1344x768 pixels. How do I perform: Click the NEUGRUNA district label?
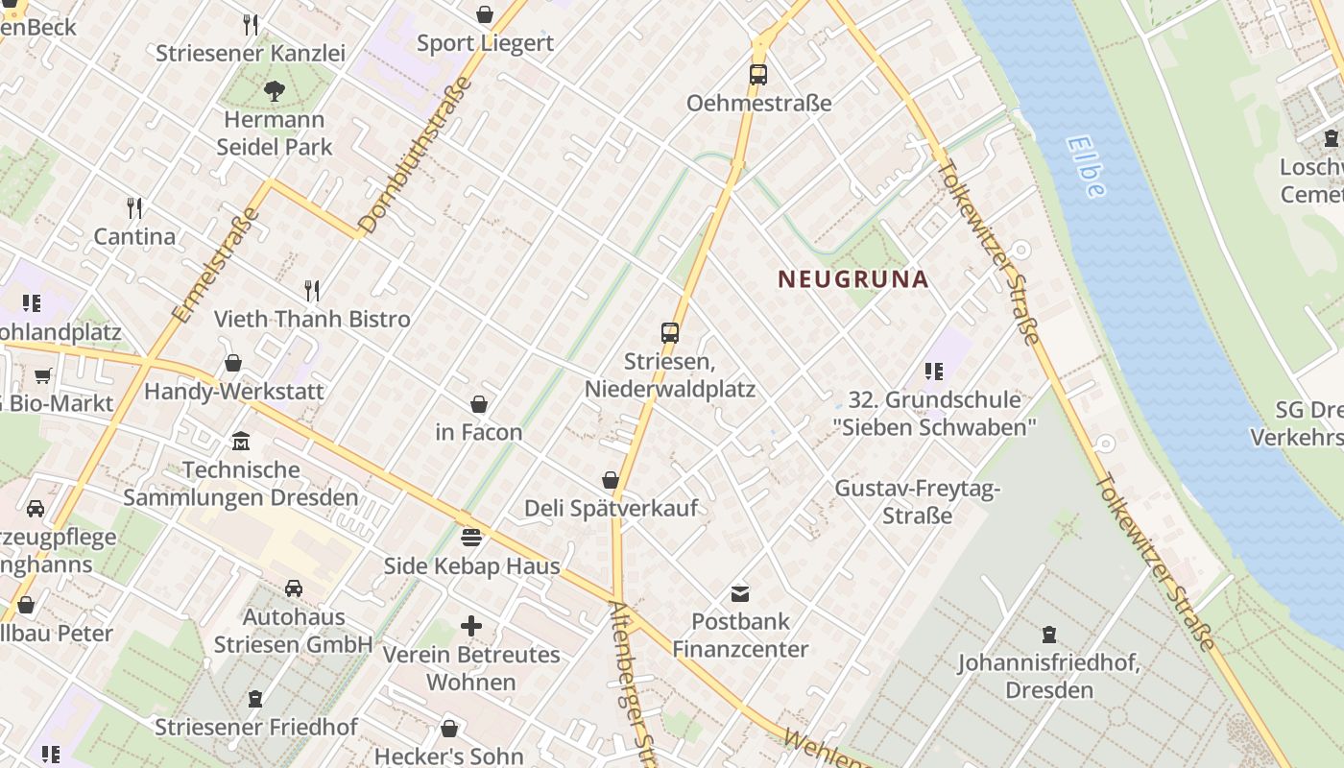point(852,279)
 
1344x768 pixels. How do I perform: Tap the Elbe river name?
point(1085,165)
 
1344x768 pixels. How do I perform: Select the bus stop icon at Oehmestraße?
point(758,74)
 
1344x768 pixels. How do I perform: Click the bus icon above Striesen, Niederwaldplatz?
point(670,333)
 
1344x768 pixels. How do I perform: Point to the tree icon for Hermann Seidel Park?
point(275,91)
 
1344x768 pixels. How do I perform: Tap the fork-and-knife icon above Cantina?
point(135,207)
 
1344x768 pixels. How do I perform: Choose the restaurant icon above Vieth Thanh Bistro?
point(312,290)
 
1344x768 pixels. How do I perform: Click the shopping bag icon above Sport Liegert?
point(485,14)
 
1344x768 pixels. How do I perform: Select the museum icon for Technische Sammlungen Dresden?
point(241,442)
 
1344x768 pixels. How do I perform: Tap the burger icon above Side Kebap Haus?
point(471,537)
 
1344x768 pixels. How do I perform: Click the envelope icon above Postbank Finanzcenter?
point(740,593)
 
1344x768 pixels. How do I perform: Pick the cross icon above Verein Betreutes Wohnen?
point(471,626)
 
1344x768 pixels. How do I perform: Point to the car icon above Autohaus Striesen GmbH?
point(294,588)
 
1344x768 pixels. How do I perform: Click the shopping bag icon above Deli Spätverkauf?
point(611,479)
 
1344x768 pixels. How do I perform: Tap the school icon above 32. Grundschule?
point(934,371)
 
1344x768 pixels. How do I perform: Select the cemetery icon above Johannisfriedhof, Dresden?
point(1049,635)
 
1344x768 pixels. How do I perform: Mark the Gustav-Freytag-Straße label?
point(918,501)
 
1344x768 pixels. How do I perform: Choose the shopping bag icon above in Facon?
point(479,404)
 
